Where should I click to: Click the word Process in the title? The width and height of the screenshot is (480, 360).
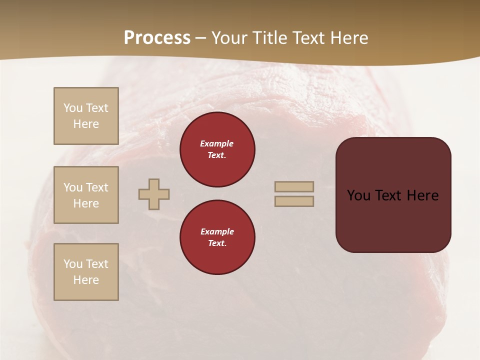157,38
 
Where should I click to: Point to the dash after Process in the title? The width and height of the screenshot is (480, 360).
201,38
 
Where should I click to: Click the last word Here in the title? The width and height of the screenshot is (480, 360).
349,38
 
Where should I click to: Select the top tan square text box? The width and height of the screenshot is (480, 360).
86,116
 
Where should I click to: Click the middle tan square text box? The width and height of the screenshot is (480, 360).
86,195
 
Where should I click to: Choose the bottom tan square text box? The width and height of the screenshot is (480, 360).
86,272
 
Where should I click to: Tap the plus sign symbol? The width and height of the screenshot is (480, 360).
154,194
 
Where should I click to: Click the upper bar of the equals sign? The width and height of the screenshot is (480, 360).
294,186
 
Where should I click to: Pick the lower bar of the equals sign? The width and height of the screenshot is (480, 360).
294,201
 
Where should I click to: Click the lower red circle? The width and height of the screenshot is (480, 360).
217,237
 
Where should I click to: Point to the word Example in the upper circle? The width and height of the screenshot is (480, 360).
217,143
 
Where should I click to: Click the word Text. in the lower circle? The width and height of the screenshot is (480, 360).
217,243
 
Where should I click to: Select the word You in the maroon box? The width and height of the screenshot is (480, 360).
359,195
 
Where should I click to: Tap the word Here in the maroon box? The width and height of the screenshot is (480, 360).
422,195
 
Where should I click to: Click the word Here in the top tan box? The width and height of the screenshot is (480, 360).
86,124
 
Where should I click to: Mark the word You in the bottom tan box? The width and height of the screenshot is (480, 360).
73,264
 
